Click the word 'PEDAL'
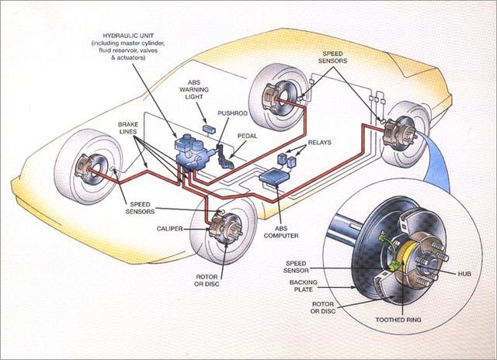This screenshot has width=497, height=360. (246, 134)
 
